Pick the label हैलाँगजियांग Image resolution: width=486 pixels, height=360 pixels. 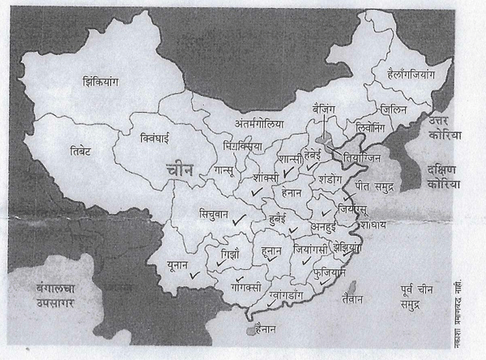click(x=400, y=73)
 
